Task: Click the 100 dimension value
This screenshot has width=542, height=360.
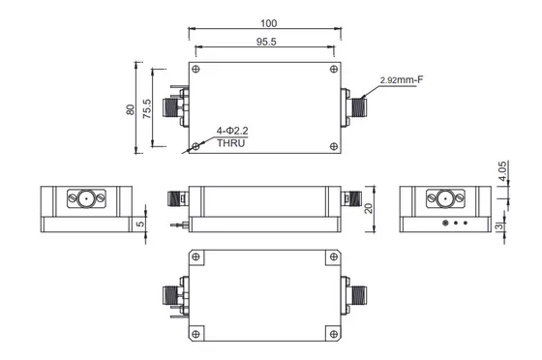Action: pos(269,23)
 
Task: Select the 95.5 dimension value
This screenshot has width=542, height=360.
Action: pos(266,42)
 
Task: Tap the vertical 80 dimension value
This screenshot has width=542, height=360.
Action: pos(131,109)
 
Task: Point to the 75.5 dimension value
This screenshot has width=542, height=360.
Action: pos(147,108)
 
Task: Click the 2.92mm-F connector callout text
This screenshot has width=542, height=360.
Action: pos(402,80)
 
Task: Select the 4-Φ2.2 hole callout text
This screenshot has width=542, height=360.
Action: pos(232,131)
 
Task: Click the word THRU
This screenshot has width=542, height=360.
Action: pos(231,143)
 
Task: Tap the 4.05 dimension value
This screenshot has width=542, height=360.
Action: pos(502,170)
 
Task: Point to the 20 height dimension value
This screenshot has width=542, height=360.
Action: pos(369,208)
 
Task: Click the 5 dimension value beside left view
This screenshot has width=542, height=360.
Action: pos(140,224)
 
